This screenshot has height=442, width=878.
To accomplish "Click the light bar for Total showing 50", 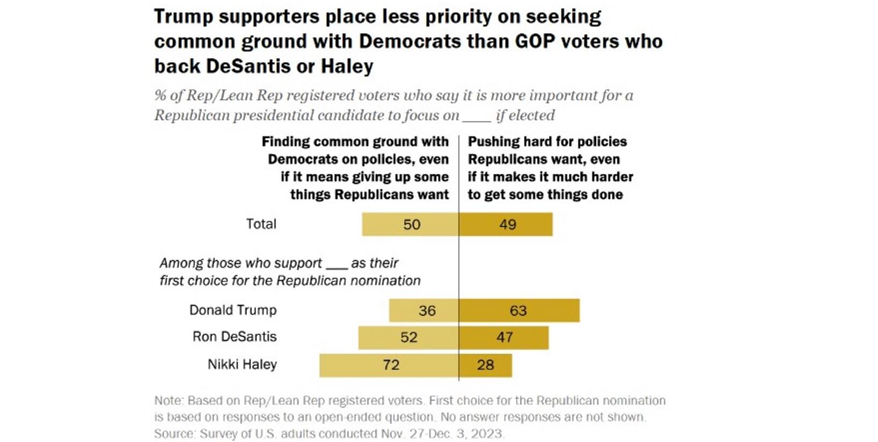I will tap(411, 224).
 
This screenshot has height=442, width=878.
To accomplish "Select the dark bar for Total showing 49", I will tap(506, 224).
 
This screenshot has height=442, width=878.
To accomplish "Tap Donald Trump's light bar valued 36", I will tap(424, 311).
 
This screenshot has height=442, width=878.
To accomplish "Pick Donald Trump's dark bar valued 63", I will tap(519, 311).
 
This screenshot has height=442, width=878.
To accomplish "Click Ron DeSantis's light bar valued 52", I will tap(408, 337).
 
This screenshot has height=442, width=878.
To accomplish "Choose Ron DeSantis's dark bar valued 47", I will tap(503, 337).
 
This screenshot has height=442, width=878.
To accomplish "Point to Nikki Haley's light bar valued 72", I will tap(389, 365).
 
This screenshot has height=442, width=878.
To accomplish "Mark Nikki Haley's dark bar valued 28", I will tap(485, 365).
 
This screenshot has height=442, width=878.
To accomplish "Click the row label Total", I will tap(261, 224).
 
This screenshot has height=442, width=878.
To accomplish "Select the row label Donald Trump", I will tap(233, 310).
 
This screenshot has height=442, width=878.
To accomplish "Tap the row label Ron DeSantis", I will tap(235, 337).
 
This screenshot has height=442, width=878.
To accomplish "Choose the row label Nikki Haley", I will tap(242, 364).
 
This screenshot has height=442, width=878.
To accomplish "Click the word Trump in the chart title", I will tap(183, 17).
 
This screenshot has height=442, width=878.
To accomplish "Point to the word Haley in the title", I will tap(347, 67).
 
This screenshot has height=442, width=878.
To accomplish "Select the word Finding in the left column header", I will tap(286, 142).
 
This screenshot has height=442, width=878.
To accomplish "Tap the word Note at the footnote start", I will tap(167, 401).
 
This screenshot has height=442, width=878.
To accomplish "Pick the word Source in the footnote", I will tap(174, 433).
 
